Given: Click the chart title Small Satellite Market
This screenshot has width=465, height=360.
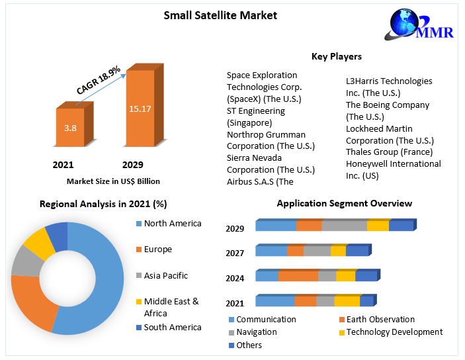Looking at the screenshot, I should (x=220, y=15).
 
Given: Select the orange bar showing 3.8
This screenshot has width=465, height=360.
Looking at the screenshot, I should (x=69, y=126).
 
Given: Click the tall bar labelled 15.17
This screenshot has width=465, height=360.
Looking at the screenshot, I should (x=140, y=108).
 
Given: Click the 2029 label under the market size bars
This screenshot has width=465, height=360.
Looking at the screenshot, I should (x=132, y=165).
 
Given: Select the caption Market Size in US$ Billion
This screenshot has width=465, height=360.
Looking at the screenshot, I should (x=113, y=181).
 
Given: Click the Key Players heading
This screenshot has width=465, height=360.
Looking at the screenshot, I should (x=336, y=56).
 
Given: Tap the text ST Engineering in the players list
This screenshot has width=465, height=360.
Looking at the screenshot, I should (x=255, y=111).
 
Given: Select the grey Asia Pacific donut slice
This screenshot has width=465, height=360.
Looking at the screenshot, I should (x=26, y=260).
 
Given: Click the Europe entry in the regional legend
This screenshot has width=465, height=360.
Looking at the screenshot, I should (x=157, y=249).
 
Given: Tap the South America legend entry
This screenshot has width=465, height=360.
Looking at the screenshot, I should (x=172, y=328).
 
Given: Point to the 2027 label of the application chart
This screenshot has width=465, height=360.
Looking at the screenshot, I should (x=235, y=253).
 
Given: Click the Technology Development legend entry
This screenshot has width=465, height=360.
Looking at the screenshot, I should (x=394, y=332).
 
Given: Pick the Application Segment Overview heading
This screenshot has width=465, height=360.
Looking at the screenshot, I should (x=344, y=203).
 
